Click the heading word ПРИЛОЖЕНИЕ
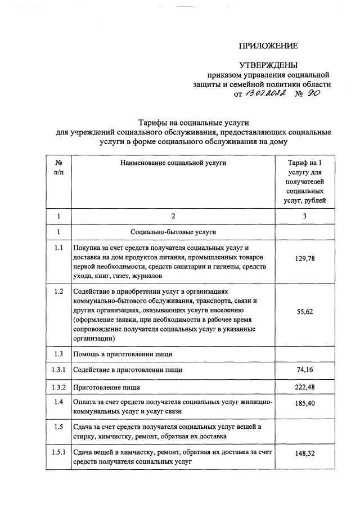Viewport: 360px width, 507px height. (268, 46)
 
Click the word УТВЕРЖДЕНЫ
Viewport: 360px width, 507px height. (268, 66)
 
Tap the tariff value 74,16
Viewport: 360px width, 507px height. (304, 370)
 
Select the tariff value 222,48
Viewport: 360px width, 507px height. (304, 387)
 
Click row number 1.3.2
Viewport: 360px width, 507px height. (59, 387)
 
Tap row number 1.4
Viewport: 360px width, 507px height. (59, 402)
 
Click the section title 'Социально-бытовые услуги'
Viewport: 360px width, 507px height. (173, 231)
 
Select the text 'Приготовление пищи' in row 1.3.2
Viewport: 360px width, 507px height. (107, 387)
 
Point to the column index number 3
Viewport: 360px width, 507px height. (304, 216)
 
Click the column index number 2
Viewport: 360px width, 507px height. (173, 216)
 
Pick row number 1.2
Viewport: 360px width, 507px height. (59, 291)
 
